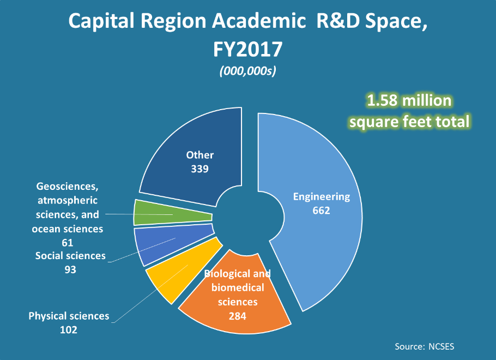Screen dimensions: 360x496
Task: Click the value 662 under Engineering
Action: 321,210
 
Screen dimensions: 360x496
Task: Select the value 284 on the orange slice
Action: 237,315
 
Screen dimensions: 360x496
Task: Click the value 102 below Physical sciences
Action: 69,329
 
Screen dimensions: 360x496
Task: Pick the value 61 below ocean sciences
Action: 68,242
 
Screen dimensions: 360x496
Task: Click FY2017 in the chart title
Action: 247,49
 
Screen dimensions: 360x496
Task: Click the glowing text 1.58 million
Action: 409,101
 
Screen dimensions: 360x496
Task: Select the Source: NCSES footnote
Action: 424,346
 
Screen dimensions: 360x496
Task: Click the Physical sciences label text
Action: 69,316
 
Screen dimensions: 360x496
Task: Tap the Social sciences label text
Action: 70,256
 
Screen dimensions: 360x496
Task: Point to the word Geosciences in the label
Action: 68,187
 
